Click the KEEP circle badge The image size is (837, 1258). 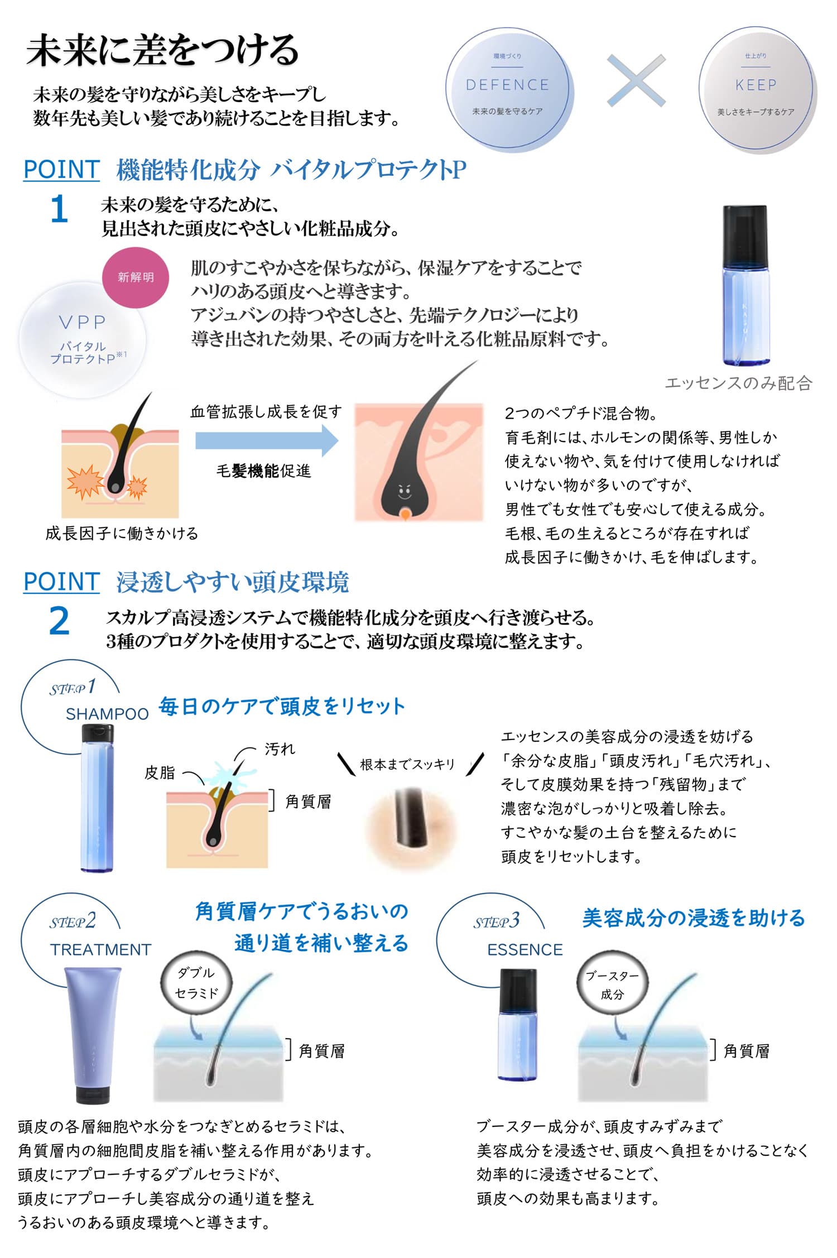click(x=756, y=89)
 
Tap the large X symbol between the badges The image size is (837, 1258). click(x=636, y=80)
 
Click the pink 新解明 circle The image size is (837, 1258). click(x=136, y=277)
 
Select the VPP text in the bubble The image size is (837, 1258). click(x=82, y=322)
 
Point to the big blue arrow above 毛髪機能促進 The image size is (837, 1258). click(x=267, y=440)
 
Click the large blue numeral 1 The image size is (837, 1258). click(x=59, y=210)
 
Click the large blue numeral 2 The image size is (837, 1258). click(x=59, y=621)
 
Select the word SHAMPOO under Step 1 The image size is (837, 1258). click(x=107, y=714)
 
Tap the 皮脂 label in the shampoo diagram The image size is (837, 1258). click(x=160, y=772)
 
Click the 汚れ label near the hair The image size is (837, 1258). click(x=280, y=749)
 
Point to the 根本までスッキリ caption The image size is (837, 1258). click(x=407, y=764)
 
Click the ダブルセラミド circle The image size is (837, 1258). click(x=196, y=983)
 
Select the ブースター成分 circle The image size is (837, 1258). click(x=612, y=985)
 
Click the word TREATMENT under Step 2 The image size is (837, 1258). click(x=100, y=949)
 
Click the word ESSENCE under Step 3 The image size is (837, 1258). click(x=525, y=949)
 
